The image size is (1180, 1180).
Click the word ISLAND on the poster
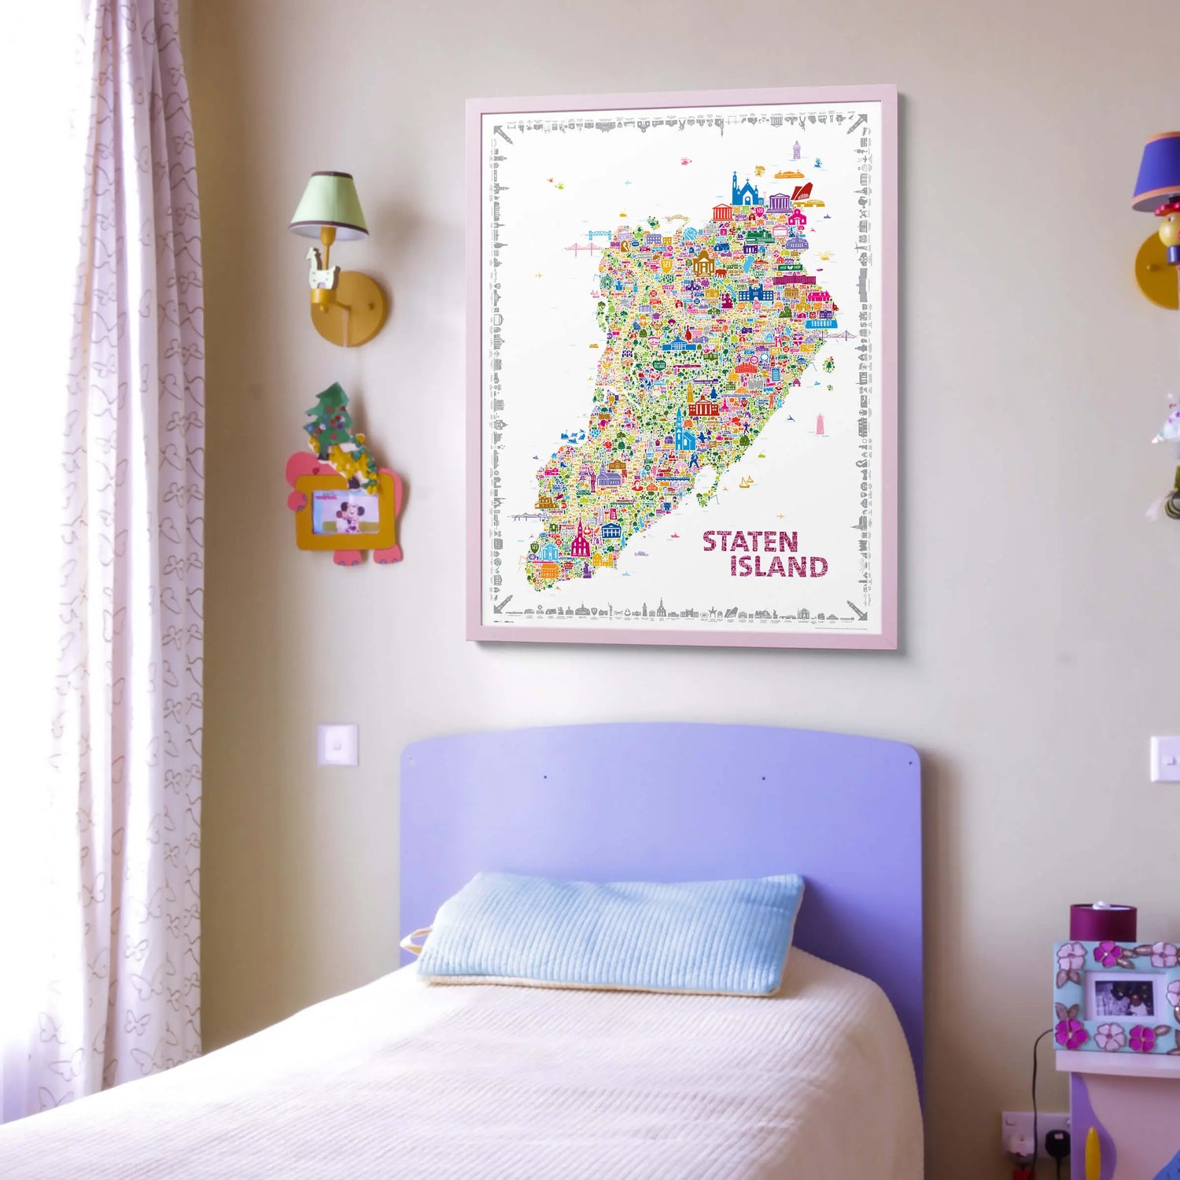pos(778,566)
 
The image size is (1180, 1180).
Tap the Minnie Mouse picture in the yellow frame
pos(345,512)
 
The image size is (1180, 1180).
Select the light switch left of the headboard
pos(337,744)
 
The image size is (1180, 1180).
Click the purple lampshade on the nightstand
pos(1102,923)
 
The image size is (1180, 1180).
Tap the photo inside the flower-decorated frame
pos(1123,997)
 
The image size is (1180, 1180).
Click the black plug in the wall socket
pos(1059,1141)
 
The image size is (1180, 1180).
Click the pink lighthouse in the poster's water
pos(820,425)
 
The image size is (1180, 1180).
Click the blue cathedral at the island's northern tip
pos(743,191)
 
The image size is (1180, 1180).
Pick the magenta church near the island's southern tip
pos(581,540)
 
